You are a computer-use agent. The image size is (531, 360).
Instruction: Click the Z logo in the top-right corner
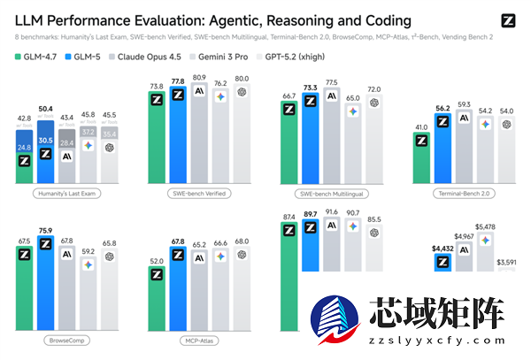pos(507,20)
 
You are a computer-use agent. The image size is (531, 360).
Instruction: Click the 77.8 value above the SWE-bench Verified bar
pos(179,85)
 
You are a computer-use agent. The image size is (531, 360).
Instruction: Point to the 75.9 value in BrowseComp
pos(47,232)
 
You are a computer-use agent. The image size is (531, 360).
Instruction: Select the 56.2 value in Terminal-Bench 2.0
pos(443,109)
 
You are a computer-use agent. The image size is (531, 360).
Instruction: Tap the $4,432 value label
pos(442,249)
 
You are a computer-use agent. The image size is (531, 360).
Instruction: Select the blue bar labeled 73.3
pos(310,142)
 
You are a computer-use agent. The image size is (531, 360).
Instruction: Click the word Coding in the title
pos(382,20)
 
